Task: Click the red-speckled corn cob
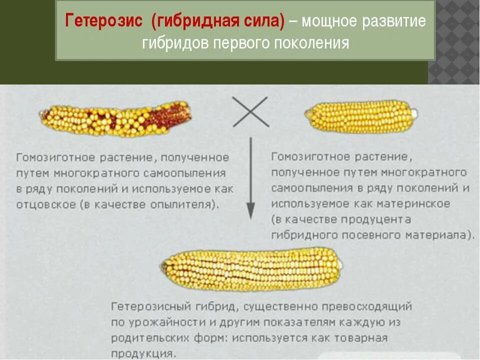(115, 119)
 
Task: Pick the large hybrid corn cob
(252, 269)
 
